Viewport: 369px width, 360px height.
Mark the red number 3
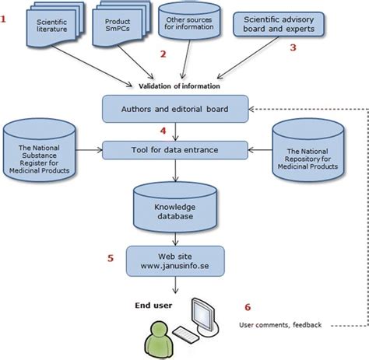point(293,47)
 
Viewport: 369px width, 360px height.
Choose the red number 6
point(247,306)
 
